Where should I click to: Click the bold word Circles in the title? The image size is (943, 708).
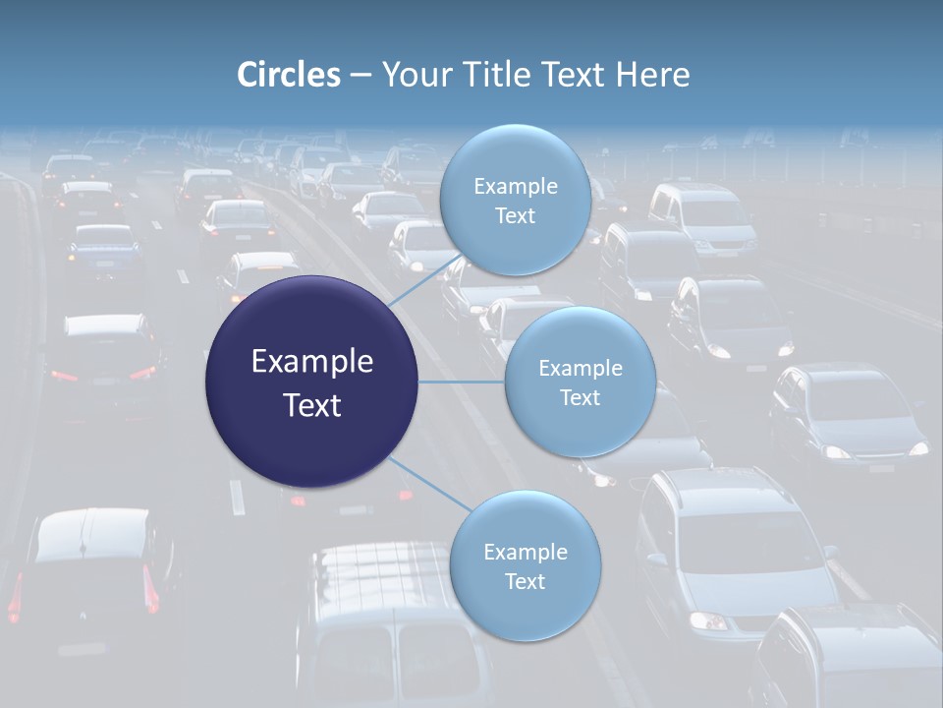pos(288,74)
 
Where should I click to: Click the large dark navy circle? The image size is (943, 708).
pos(311,382)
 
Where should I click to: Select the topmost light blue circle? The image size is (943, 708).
pos(515,200)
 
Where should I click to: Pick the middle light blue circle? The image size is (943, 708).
pos(580,382)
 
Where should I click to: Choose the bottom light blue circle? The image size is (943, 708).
pos(525,565)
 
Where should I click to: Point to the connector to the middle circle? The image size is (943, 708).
pos(462,382)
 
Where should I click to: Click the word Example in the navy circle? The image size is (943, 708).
pos(311,361)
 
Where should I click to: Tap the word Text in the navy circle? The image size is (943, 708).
pos(311,405)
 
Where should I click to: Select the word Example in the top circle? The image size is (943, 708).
pos(515,186)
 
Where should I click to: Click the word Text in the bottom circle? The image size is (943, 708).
pos(525,581)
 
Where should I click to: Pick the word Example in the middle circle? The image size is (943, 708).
pos(580,368)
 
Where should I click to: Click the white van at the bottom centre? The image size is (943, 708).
pos(393,629)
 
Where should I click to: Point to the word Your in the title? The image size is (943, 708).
pos(413,74)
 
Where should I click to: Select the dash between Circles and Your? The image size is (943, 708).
pos(361,75)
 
